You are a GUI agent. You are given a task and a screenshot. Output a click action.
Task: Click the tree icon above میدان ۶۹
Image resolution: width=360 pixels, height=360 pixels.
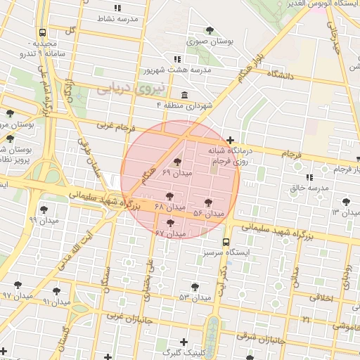176,162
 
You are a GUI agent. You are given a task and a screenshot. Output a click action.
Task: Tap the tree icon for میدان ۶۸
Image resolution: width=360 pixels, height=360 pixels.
169,196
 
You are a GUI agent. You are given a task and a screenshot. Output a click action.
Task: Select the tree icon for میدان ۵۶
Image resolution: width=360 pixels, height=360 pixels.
208,202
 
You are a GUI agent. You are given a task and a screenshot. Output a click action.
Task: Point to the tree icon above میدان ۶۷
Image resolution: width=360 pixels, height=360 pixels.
170,222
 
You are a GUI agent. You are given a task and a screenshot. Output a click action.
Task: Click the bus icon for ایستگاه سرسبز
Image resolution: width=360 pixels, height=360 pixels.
226,241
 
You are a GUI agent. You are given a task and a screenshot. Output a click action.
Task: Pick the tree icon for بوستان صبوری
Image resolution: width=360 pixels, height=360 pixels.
210,30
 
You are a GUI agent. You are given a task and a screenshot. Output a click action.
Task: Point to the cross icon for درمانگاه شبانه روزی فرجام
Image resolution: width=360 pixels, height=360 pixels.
231,139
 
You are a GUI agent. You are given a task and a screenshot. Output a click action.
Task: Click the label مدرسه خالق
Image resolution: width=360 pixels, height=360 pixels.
309,188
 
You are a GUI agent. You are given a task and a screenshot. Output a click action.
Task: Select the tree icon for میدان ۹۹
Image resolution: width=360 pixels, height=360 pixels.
44,209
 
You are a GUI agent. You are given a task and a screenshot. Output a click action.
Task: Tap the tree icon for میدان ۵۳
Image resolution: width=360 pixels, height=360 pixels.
195,286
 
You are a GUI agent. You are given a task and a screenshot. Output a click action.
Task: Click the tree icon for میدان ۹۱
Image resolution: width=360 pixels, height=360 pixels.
56,290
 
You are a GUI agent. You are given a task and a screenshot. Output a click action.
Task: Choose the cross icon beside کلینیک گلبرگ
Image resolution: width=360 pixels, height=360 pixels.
184,342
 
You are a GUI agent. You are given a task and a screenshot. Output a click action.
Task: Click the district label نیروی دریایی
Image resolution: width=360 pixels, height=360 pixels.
128,89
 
